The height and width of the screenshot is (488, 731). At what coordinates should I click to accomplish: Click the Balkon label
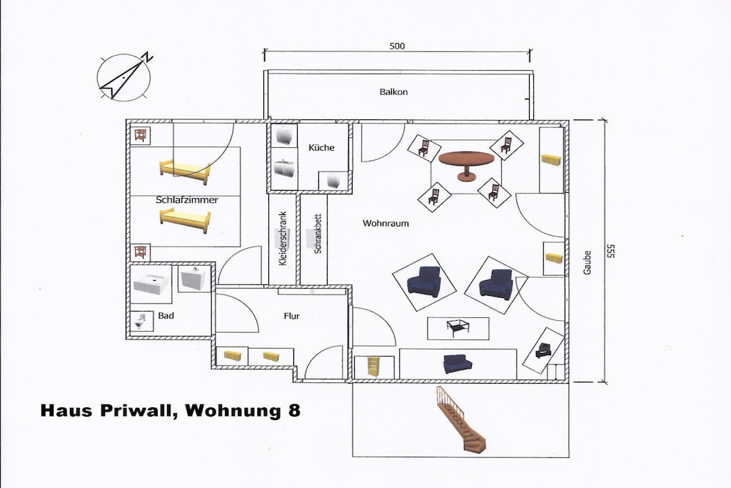pos(393,92)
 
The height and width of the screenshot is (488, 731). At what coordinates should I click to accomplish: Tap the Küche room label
pos(321,147)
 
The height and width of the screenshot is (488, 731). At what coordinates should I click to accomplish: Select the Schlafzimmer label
pos(187,199)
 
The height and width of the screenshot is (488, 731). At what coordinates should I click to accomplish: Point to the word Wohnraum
pos(385,223)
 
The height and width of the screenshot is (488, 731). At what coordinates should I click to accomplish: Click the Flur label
pos(292,316)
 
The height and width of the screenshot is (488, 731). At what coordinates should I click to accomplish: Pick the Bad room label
pos(166,315)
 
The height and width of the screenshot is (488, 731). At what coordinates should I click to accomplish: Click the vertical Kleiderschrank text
pos(283,239)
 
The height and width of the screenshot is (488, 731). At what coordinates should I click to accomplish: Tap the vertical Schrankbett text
pos(318,234)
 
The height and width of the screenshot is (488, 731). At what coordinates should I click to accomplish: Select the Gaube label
pos(587,263)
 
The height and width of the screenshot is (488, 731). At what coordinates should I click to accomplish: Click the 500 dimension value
pos(397,46)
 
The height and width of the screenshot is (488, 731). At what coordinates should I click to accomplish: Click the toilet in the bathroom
pos(141,321)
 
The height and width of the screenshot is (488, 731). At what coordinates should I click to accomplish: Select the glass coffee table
pos(458,327)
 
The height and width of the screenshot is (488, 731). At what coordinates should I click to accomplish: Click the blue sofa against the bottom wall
pos(457,364)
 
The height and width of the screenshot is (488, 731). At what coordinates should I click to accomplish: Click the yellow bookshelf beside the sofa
pos(373,367)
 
